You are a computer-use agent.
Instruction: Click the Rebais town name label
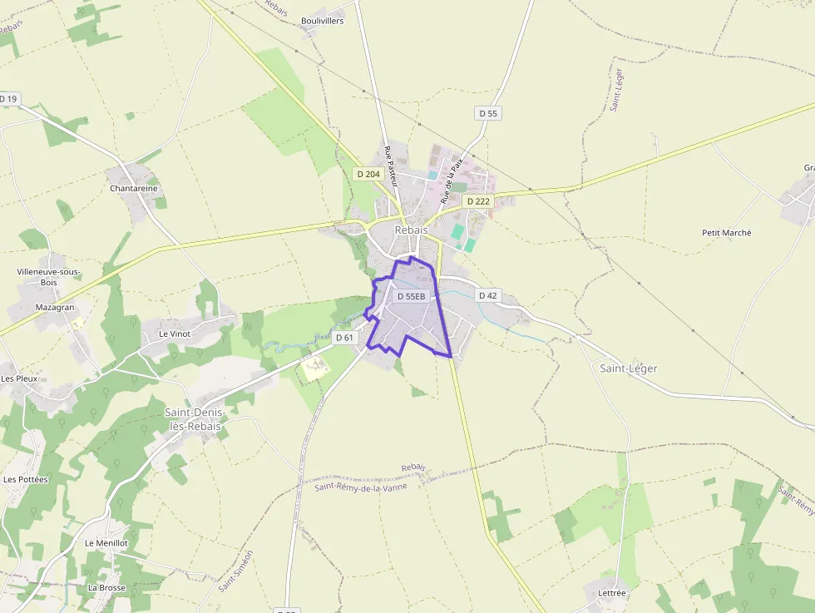[x=411, y=230]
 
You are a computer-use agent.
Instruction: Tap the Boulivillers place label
[x=322, y=21]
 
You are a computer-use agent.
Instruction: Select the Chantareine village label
[x=133, y=189]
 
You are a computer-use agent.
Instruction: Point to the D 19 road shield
[x=8, y=99]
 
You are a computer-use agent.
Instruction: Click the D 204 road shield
[x=368, y=174]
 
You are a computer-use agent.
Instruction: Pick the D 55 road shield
[x=488, y=112]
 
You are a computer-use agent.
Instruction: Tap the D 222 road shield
[x=478, y=201]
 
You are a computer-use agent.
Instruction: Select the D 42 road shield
[x=488, y=295]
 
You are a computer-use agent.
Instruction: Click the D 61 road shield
[x=344, y=338]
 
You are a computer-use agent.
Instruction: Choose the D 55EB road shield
[x=411, y=296]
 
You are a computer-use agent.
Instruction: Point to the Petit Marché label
[x=726, y=233]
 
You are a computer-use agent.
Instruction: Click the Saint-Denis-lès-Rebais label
[x=193, y=419]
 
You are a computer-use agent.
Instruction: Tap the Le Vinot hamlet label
[x=175, y=334]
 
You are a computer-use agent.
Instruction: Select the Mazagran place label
[x=55, y=307]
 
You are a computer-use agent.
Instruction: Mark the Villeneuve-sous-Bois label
[x=48, y=277]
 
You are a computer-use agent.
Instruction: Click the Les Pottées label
[x=26, y=479]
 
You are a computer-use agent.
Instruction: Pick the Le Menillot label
[x=106, y=542]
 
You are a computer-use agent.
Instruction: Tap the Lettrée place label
[x=611, y=593]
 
